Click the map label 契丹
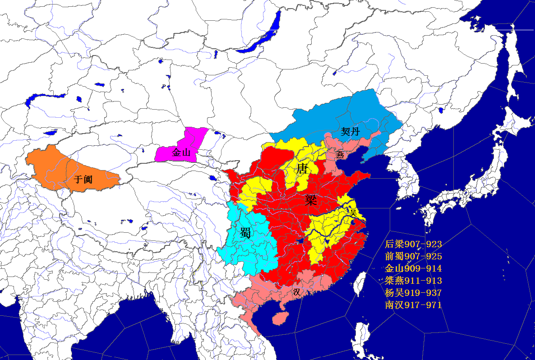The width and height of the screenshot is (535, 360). pyautogui.click(x=350, y=131)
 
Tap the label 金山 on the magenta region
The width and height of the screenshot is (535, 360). pyautogui.click(x=181, y=152)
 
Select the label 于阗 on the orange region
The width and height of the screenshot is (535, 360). pyautogui.click(x=83, y=179)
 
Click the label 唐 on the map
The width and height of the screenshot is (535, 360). pyautogui.click(x=302, y=169)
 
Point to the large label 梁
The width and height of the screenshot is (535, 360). pyautogui.click(x=311, y=200)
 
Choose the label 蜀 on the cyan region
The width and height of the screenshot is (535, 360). pyautogui.click(x=246, y=233)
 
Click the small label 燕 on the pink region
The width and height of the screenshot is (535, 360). pyautogui.click(x=340, y=155)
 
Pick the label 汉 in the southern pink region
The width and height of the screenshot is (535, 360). pyautogui.click(x=296, y=292)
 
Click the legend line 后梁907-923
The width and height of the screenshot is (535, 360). pyautogui.click(x=413, y=245)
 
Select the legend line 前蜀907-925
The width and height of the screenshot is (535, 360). pyautogui.click(x=413, y=257)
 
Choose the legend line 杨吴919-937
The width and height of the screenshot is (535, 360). pyautogui.click(x=413, y=293)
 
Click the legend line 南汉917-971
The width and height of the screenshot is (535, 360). pyautogui.click(x=413, y=305)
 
